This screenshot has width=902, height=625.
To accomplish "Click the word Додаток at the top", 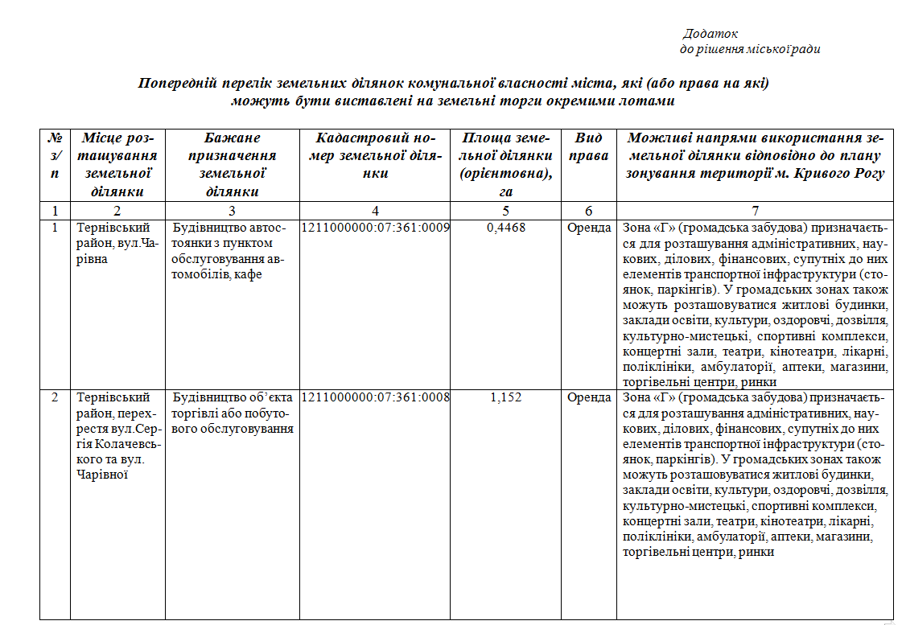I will pos(710,34).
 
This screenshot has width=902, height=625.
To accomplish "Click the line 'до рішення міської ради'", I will pos(750,49).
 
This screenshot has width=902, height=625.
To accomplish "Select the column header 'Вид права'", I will pos(588,146).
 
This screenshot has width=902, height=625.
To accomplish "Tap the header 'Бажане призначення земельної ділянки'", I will pos(232,164).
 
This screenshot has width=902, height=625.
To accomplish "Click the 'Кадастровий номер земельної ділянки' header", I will pos(374,155).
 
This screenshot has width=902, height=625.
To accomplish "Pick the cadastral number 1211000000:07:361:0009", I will pos(375,228).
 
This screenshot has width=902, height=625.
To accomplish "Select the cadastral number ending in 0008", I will pos(375,397).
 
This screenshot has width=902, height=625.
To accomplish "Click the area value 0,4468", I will pos(506,228).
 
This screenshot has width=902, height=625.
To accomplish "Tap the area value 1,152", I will pos(506,397).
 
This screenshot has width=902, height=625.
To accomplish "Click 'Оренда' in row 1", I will pos(589,228).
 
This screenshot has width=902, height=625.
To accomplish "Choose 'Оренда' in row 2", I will pos(589,397).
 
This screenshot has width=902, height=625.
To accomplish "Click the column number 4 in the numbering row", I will pos(375,212).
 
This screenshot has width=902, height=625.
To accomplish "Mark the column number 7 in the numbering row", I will pos(755,212).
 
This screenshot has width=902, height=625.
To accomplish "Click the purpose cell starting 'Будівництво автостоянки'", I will pos(229,251).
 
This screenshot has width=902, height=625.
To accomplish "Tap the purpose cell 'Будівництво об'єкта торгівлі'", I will pos(232,413).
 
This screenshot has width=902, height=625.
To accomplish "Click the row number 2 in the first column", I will pos(55,397).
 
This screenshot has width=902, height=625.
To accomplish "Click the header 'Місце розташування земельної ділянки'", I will pos(117,164).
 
